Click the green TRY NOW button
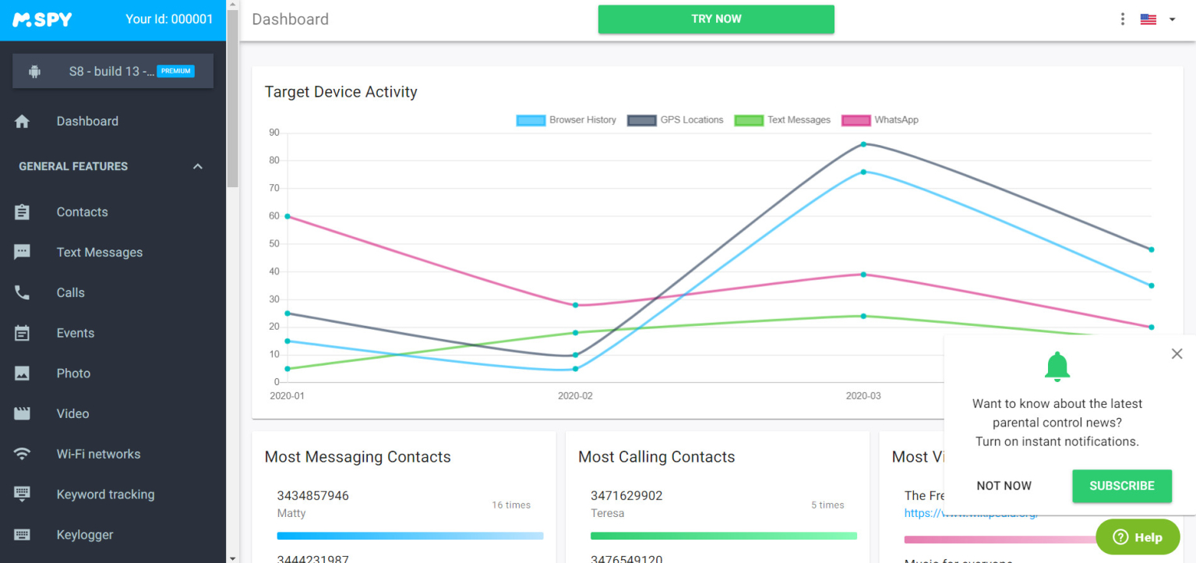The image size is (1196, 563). [x=716, y=19]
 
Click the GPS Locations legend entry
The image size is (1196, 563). [x=676, y=120]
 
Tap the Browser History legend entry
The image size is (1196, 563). [x=566, y=120]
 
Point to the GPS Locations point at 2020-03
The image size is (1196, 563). [x=863, y=144]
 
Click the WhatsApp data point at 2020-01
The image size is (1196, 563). [x=288, y=216]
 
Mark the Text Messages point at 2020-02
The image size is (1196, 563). [x=576, y=333]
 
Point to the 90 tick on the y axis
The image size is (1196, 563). [x=274, y=133]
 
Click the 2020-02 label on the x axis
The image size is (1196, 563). [x=575, y=396]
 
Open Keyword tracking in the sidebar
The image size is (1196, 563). [x=105, y=494]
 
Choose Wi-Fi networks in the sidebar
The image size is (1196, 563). [x=98, y=454]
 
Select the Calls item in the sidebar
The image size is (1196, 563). [x=70, y=292]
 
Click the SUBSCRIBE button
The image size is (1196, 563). [x=1121, y=486]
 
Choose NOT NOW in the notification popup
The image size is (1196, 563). [x=1004, y=486]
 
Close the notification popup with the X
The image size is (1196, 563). [x=1177, y=354]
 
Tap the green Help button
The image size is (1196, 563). [x=1138, y=536]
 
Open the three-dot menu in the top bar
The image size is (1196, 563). [x=1122, y=19]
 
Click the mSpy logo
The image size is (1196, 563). [x=42, y=19]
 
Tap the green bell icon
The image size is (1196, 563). [x=1057, y=366]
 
